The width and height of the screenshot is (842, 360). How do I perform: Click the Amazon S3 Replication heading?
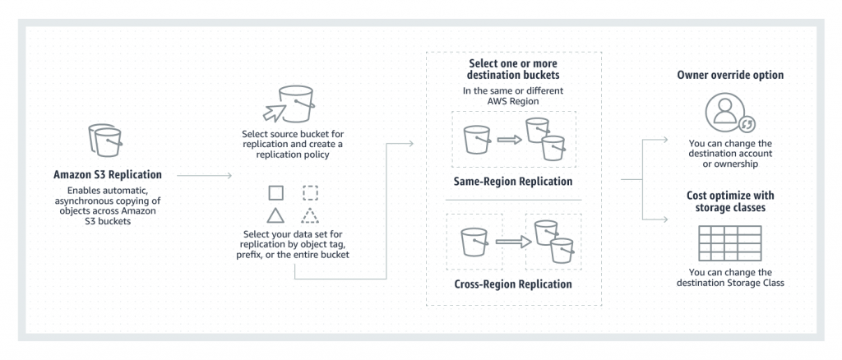coord(108,174)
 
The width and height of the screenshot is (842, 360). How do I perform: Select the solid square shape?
coord(276,193)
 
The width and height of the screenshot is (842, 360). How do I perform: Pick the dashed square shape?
coord(310,193)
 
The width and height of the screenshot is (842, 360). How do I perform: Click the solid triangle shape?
coord(276,216)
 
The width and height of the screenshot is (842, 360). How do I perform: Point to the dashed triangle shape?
coord(310,216)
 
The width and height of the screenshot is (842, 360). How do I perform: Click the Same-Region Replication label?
coord(513,181)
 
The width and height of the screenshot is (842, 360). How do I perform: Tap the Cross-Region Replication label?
coord(513,284)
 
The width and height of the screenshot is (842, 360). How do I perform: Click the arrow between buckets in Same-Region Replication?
coord(510,138)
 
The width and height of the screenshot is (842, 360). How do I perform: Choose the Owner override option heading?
coord(729,75)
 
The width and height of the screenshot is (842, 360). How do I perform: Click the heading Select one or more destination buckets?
coord(513,70)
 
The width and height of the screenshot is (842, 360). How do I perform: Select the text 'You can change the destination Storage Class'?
coord(729,278)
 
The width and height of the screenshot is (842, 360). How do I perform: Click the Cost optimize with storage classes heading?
coord(729,201)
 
